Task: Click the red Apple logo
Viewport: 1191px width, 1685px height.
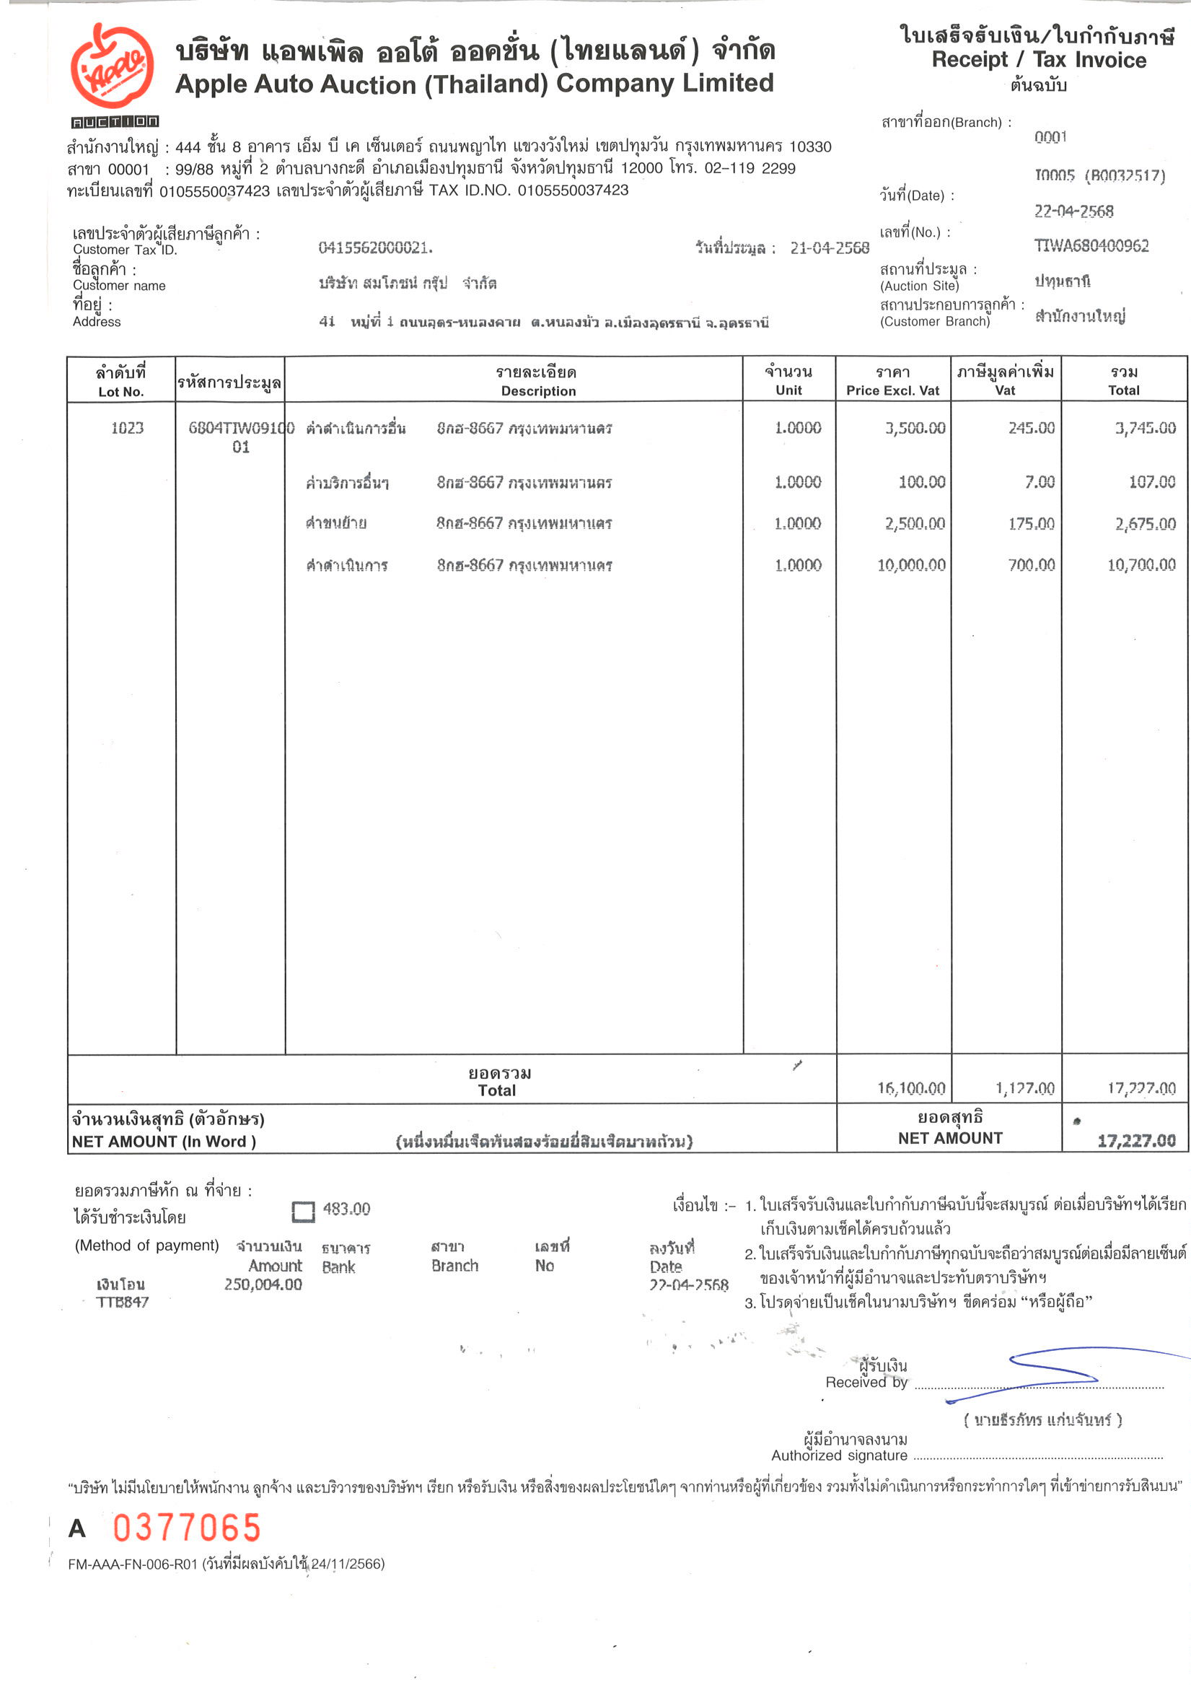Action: click(113, 66)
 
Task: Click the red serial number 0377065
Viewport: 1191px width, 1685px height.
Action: click(187, 1528)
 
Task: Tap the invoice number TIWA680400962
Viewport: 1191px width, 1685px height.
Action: click(1091, 246)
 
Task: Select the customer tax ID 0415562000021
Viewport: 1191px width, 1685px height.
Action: click(375, 248)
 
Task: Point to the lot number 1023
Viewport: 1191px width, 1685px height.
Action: click(127, 428)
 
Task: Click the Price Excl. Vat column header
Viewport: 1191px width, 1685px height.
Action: click(892, 390)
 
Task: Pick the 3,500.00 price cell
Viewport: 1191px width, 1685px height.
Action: click(914, 428)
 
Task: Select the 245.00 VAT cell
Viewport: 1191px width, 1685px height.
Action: click(1031, 428)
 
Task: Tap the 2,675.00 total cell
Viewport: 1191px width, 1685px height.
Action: click(1145, 524)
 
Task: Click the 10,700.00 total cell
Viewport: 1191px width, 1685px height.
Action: click(1141, 565)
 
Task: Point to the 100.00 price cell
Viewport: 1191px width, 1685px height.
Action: click(922, 482)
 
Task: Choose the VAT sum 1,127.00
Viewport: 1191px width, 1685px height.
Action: click(1024, 1088)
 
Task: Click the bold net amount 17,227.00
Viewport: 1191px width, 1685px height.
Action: click(1136, 1140)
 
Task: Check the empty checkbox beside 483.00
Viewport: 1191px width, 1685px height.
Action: click(303, 1212)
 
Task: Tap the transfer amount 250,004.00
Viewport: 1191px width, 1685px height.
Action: click(263, 1284)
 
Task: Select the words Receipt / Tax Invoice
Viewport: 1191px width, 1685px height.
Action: click(1038, 60)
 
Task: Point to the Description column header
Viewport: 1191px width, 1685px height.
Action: click(538, 391)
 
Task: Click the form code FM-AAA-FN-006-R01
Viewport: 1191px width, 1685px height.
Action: click(133, 1564)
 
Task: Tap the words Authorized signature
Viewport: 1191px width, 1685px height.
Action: click(839, 1456)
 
